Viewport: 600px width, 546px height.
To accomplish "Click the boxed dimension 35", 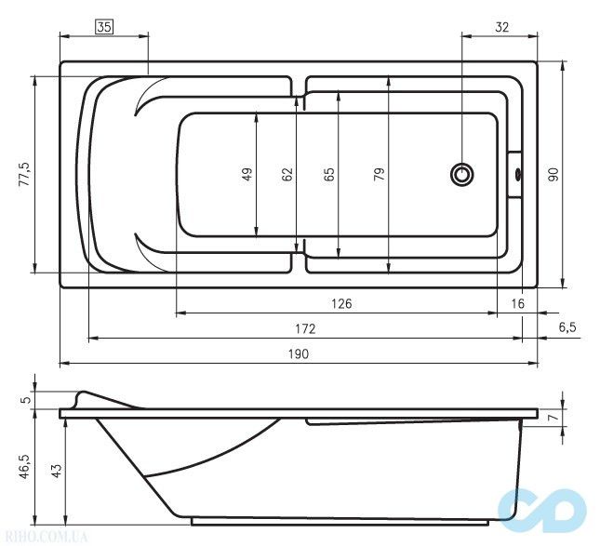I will tap(103, 28).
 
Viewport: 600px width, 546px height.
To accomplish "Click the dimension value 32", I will tap(501, 28).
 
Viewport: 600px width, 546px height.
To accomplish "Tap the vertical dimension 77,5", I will tap(24, 174).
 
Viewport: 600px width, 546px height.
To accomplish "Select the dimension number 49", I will tap(247, 174).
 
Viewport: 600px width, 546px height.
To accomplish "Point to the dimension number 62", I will tap(287, 174).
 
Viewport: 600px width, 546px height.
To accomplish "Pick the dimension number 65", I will tap(329, 174).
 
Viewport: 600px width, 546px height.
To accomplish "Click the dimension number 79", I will tap(380, 174).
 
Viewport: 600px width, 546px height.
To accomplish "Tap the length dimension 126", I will tap(340, 304).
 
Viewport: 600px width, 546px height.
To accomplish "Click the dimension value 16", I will tap(518, 304).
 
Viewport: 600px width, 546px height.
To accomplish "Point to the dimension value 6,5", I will tap(567, 327).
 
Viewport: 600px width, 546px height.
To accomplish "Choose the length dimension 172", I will tap(305, 328).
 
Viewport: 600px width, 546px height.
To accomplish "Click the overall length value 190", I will tap(298, 353).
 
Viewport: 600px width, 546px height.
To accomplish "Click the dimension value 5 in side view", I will tap(25, 399).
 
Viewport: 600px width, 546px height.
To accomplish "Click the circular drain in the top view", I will tap(462, 174).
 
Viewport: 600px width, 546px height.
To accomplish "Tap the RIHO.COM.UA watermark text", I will tap(47, 537).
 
